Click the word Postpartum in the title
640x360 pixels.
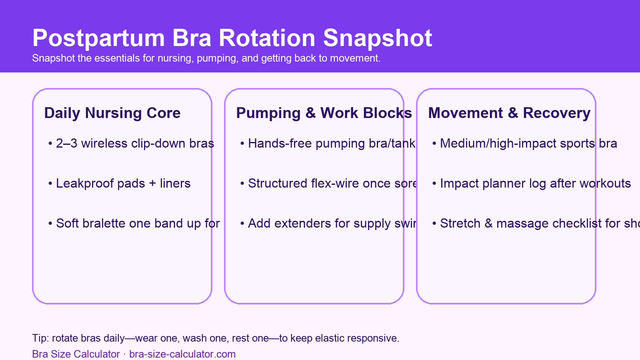click(98, 39)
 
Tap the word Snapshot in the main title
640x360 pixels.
click(378, 39)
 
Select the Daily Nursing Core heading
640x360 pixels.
click(112, 113)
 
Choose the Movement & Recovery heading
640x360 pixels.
click(509, 113)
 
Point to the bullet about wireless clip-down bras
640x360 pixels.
click(135, 144)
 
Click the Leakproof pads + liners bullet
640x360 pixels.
click(123, 184)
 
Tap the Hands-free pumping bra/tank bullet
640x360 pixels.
click(331, 144)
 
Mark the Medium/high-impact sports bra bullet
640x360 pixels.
click(528, 144)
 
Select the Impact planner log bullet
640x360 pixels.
click(535, 184)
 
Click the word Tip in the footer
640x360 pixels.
click(39, 338)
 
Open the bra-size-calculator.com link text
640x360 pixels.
click(182, 354)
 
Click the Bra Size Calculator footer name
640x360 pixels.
click(76, 354)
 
